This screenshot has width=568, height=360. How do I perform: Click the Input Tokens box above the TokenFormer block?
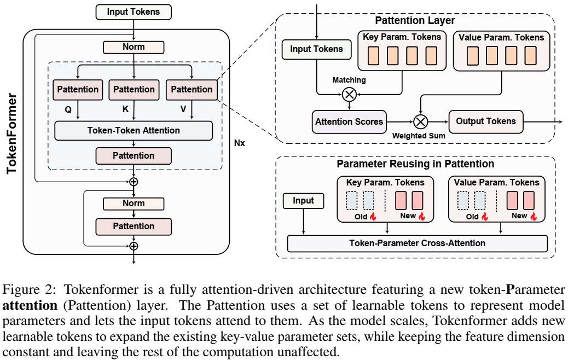134,12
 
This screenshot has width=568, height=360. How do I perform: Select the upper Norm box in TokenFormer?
134,47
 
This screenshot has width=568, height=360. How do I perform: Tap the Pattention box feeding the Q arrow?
78,90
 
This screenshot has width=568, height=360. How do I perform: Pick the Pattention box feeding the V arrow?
192,90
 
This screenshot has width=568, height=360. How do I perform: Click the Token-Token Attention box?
134,131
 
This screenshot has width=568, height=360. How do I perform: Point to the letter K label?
125,109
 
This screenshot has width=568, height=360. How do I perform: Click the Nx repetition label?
240,143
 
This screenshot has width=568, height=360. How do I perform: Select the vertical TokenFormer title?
12,133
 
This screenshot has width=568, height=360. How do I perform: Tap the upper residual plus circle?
134,182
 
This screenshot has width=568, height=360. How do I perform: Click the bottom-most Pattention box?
134,227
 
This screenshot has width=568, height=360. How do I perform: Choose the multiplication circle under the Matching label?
349,95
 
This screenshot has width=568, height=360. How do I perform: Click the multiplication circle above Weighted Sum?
421,121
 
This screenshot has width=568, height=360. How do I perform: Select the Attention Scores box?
349,121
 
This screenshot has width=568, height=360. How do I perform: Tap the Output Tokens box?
486,121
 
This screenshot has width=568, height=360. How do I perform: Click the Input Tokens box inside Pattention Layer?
317,49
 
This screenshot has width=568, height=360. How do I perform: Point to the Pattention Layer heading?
415,21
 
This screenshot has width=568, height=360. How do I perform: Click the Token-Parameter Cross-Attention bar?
418,243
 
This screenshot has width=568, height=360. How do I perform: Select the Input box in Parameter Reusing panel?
304,201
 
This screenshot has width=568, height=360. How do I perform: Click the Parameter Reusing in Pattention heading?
415,164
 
